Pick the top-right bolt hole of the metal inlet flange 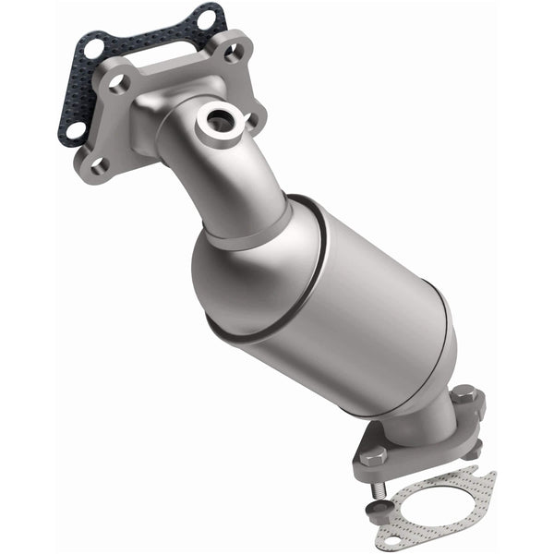232,53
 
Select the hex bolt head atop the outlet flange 463,394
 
